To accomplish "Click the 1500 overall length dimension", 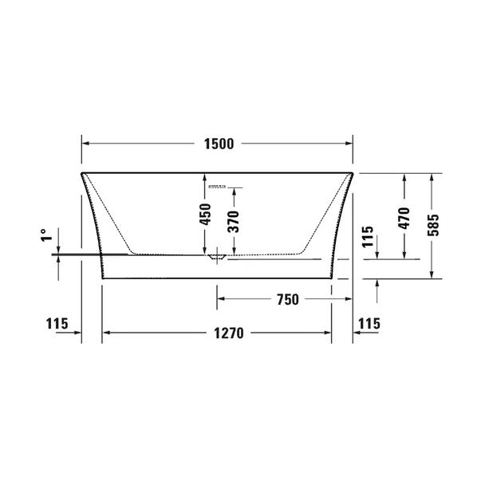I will point(218,144).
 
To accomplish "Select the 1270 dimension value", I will point(218,333).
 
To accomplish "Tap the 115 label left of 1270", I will point(55,324).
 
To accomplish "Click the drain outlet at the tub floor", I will point(215,257).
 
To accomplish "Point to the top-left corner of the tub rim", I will point(81,172).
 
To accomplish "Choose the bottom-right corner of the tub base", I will point(332,278).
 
